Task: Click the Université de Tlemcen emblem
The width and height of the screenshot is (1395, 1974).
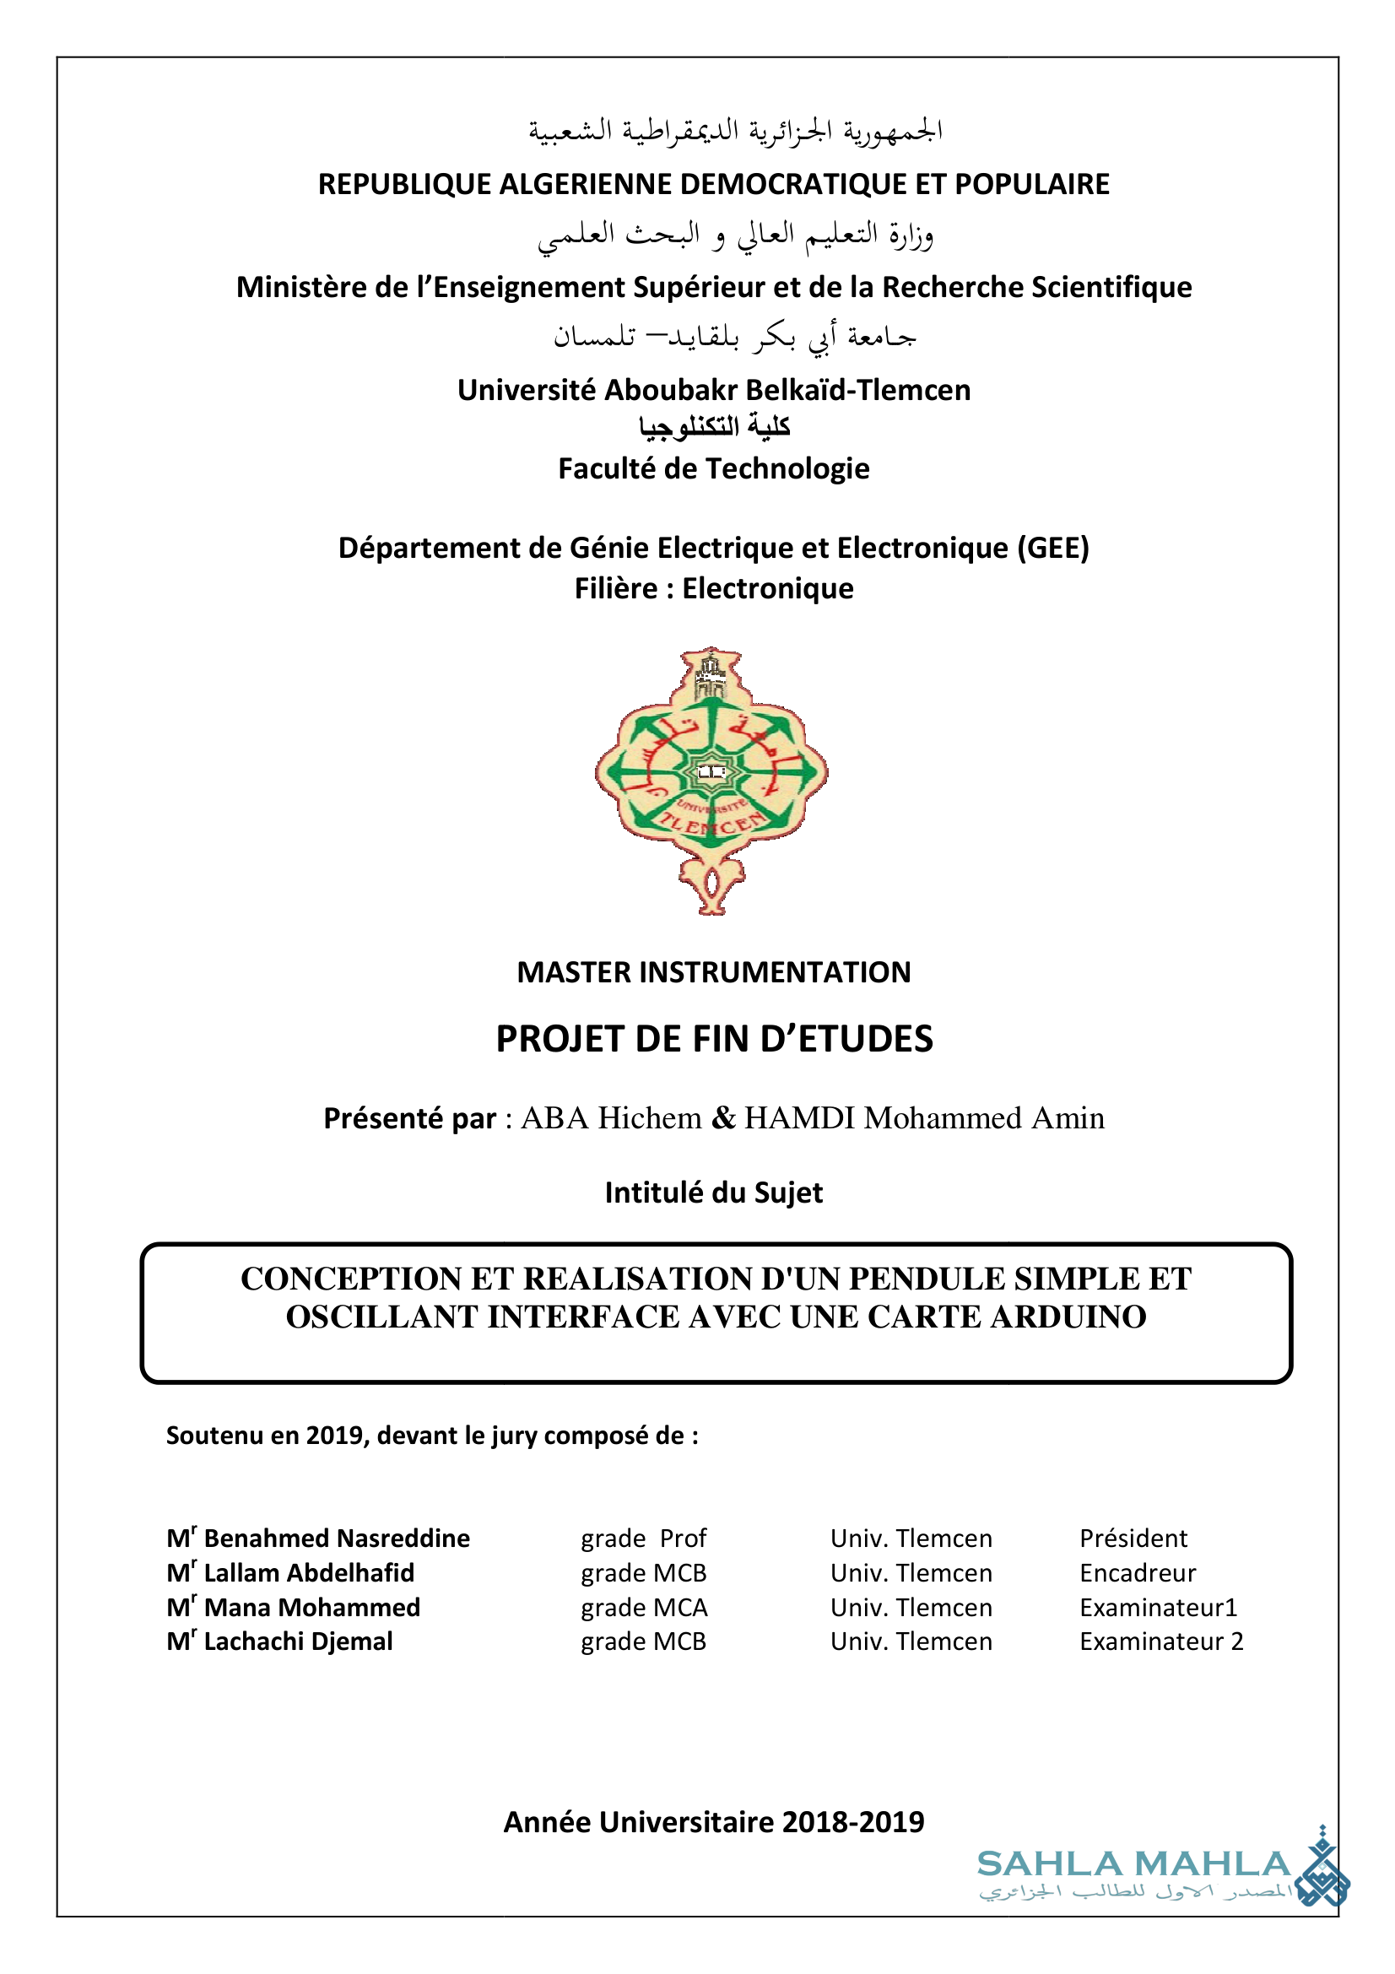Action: (x=711, y=781)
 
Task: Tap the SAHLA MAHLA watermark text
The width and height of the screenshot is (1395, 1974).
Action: (x=1133, y=1864)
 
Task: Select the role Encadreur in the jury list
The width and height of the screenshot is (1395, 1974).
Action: (x=1137, y=1572)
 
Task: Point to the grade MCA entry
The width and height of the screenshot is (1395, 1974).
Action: (x=644, y=1607)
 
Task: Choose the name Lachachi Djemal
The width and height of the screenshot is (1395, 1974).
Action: (x=297, y=1641)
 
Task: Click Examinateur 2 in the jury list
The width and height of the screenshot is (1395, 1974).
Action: (x=1160, y=1641)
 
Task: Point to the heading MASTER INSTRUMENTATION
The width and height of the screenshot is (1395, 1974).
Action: (x=713, y=972)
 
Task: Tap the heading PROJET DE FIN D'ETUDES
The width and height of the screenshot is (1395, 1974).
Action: (x=713, y=1039)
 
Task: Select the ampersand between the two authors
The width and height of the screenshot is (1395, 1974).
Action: (x=724, y=1117)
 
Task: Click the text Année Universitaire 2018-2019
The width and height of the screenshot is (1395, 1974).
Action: (x=713, y=1822)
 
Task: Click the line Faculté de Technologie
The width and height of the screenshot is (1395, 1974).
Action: (x=713, y=468)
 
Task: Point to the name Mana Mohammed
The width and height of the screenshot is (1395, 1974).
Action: (x=311, y=1607)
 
